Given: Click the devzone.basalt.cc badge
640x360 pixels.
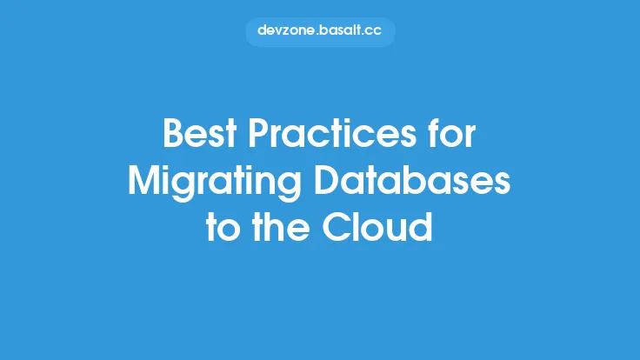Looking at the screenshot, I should point(320,30).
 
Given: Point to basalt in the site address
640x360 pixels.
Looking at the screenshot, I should point(340,30).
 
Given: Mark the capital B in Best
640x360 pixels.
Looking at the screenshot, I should point(174,137).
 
